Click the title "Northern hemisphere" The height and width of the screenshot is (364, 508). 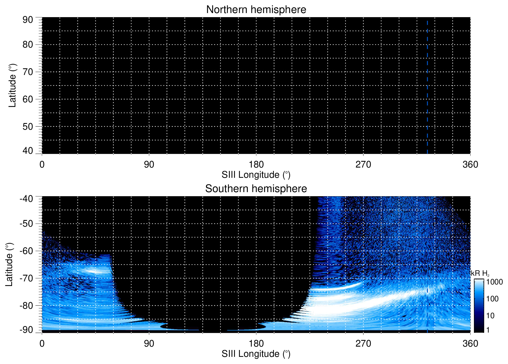point(256,10)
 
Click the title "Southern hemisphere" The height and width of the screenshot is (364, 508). point(256,189)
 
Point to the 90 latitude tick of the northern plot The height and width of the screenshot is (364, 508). point(28,20)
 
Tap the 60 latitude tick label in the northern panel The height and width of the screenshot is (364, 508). point(28,99)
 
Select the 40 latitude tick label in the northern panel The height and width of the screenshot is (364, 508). point(28,151)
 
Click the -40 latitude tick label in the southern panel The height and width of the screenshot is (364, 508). point(26,199)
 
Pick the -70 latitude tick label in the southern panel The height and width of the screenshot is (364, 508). point(26,278)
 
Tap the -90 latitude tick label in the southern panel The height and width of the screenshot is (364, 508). point(26,330)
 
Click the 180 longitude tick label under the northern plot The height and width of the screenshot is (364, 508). point(256,164)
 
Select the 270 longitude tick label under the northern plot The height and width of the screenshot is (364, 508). point(363,164)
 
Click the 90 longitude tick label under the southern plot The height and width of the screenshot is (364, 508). point(149,344)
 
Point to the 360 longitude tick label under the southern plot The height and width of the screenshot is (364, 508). point(470,344)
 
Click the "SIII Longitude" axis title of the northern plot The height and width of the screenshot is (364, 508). point(256,175)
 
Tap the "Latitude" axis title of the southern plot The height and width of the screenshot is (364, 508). point(9,264)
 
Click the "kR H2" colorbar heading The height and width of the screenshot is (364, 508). point(480,273)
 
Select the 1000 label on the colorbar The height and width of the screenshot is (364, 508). point(494,282)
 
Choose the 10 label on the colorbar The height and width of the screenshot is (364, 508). point(490,316)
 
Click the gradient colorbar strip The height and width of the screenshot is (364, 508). point(479,306)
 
